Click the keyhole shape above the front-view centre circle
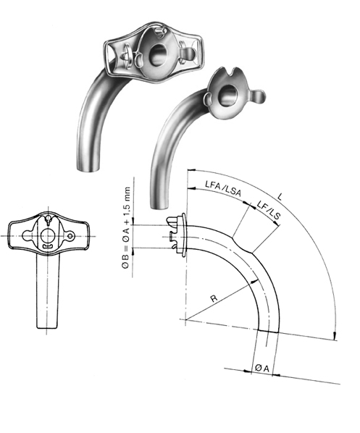[49, 220]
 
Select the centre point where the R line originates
[185, 320]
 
